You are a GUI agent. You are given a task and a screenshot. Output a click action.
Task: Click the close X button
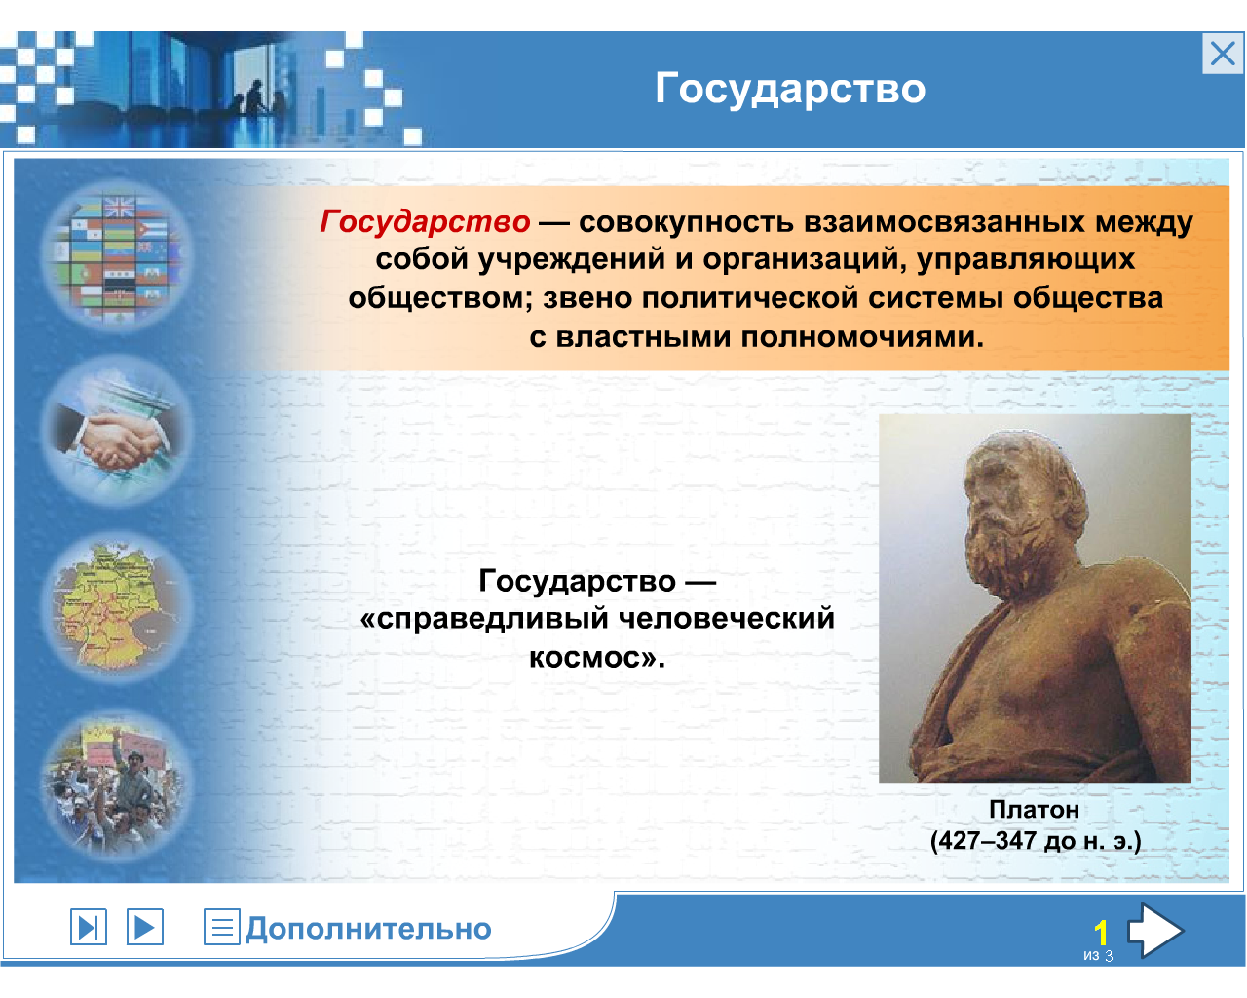click(x=1222, y=54)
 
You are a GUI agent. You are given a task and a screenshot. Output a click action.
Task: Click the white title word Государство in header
click(x=790, y=89)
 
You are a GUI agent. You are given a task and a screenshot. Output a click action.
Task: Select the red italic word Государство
click(x=425, y=221)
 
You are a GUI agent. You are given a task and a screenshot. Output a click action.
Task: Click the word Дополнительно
click(x=368, y=929)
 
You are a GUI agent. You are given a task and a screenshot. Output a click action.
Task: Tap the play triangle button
click(x=145, y=927)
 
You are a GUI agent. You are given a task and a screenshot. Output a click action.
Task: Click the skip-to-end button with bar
click(x=89, y=927)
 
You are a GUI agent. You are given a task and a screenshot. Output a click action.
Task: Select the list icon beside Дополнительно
click(x=221, y=927)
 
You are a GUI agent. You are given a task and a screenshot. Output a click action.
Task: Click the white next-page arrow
click(x=1154, y=930)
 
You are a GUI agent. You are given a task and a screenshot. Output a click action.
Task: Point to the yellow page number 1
click(x=1101, y=933)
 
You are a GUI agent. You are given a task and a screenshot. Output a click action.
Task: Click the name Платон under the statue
click(x=1035, y=810)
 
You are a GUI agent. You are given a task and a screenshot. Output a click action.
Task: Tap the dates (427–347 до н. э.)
click(x=1036, y=840)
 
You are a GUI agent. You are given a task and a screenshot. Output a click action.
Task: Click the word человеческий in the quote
click(x=727, y=618)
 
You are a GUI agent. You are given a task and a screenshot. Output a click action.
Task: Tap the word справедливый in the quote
click(x=490, y=619)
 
